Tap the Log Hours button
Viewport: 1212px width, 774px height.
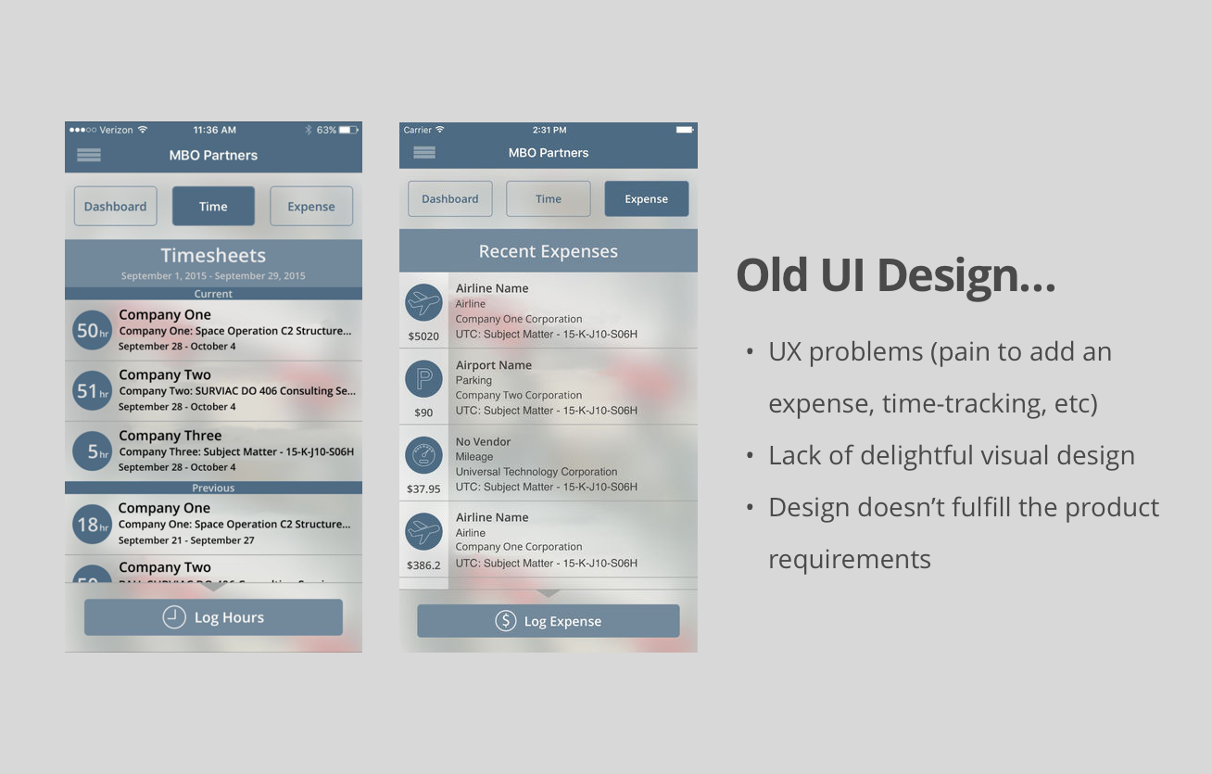(x=213, y=617)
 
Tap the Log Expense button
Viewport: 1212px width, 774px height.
(x=548, y=621)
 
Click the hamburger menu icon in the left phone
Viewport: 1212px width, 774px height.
(x=89, y=155)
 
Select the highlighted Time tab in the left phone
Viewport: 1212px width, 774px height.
(x=213, y=207)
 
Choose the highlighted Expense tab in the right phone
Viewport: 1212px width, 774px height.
(x=646, y=199)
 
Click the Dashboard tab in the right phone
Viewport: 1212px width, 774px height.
(x=450, y=199)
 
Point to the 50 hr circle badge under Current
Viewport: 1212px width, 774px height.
(x=92, y=331)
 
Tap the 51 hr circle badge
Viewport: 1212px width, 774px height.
(x=92, y=391)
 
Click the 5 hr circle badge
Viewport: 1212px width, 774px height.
(x=92, y=451)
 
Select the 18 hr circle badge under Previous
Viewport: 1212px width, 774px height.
(x=92, y=525)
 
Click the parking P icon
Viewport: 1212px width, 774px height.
(x=424, y=379)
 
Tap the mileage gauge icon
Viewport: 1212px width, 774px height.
(x=424, y=455)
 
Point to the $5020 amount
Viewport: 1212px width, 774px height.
(x=423, y=336)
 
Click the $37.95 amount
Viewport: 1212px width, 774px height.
(x=423, y=489)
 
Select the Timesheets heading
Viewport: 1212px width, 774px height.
(x=213, y=256)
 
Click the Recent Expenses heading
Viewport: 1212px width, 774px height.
(x=548, y=251)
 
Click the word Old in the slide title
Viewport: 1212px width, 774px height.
(x=773, y=275)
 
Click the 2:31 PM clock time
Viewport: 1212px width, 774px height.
(x=549, y=130)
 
